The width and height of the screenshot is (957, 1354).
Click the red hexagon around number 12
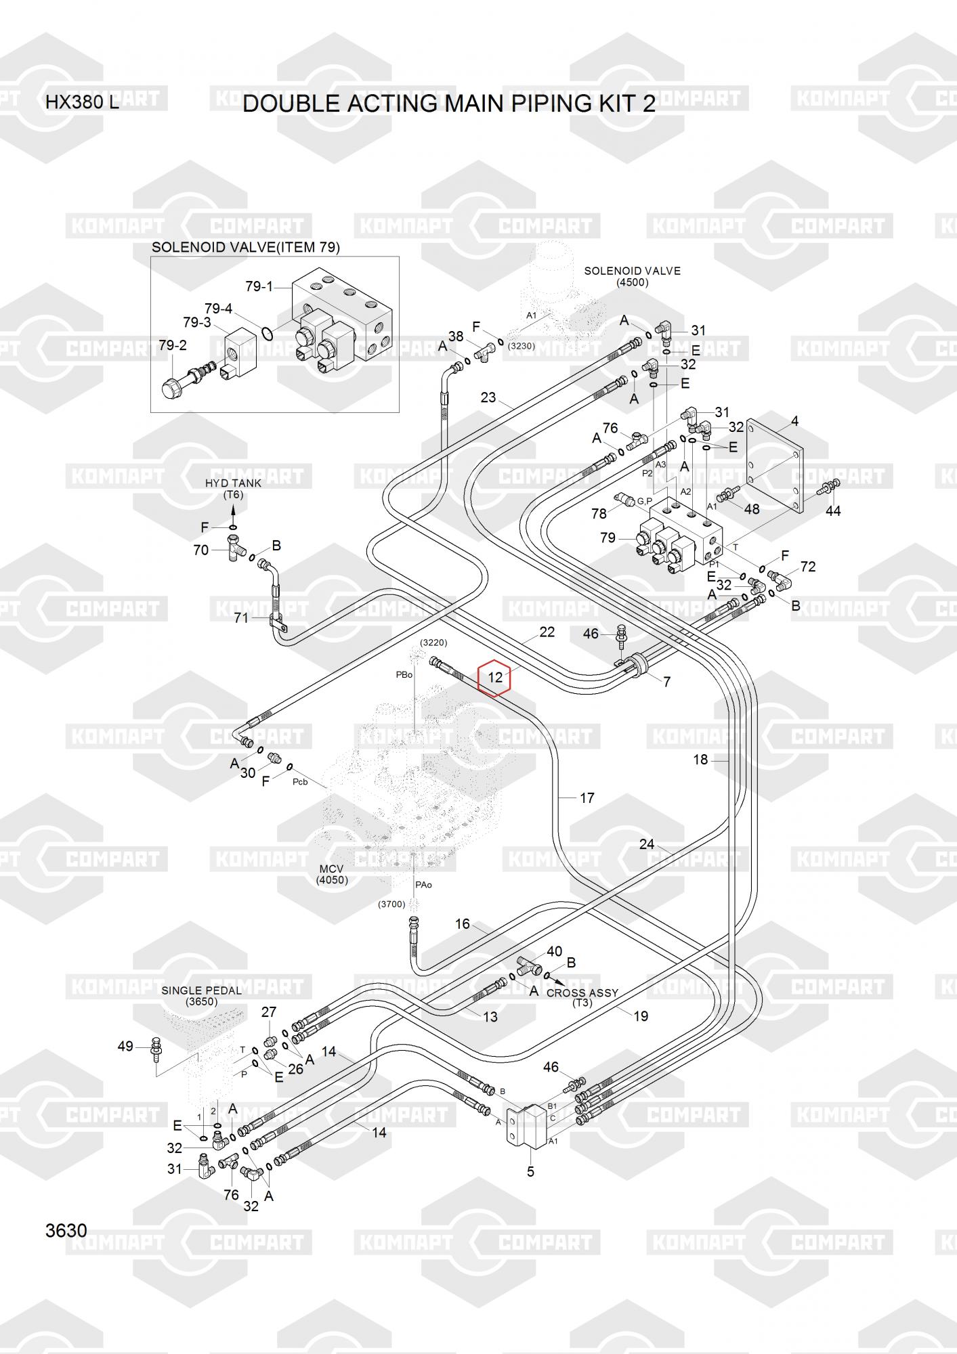pos(495,677)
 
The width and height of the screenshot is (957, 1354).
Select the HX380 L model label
pos(81,104)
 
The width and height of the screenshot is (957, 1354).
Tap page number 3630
pos(66,1230)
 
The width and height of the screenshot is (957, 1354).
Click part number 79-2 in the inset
pos(173,345)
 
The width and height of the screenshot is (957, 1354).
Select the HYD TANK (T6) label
pos(233,489)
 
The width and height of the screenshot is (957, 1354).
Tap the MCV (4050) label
pos(332,874)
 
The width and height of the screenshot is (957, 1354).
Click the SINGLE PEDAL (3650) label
pos(201,996)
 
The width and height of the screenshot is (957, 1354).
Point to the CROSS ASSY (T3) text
pos(582,997)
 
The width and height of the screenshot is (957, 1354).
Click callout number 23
pos(488,397)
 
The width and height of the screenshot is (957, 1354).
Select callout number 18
pos(700,760)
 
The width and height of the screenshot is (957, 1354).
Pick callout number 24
pos(647,844)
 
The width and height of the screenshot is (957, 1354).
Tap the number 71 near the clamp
pos(241,617)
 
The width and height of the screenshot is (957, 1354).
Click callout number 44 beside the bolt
pos(832,511)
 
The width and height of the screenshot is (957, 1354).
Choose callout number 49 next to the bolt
pos(125,1047)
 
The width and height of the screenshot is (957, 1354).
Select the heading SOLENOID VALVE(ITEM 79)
pos(245,248)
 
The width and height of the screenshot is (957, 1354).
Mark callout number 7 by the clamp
pos(666,682)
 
